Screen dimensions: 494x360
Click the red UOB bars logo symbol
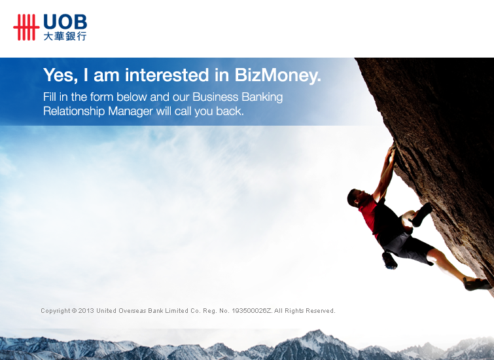tap(26, 27)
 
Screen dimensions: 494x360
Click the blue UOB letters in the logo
tap(65, 22)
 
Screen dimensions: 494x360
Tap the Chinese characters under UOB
tap(65, 36)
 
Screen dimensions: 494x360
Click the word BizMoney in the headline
tap(277, 75)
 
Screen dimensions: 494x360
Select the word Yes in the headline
tap(60, 76)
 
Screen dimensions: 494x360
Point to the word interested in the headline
tap(167, 75)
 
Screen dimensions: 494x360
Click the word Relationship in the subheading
tap(74, 111)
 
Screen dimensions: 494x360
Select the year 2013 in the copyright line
tap(86, 311)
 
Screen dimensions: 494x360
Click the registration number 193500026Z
tap(251, 311)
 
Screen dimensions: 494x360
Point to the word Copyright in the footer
tap(56, 311)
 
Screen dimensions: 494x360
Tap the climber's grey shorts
tap(409, 248)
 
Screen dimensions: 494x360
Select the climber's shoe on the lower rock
tap(477, 283)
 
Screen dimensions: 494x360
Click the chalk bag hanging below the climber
tap(389, 260)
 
